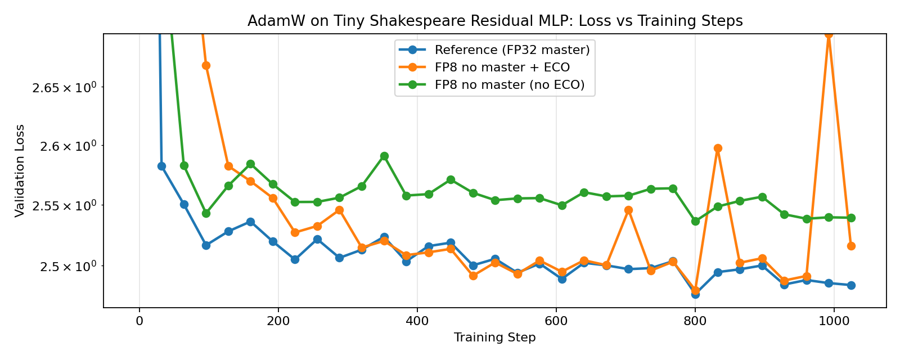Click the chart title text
pyautogui.click(x=495, y=21)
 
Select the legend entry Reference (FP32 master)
pyautogui.click(x=512, y=50)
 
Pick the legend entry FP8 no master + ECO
pyautogui.click(x=502, y=67)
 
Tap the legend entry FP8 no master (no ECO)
pyautogui.click(x=510, y=85)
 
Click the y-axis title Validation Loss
pyautogui.click(x=20, y=170)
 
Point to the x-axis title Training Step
pyautogui.click(x=495, y=337)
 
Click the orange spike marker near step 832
pyautogui.click(x=718, y=148)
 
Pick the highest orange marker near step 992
pyautogui.click(x=829, y=34)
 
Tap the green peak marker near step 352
pyautogui.click(x=384, y=156)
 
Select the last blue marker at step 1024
pyautogui.click(x=851, y=285)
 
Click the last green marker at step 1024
pyautogui.click(x=851, y=218)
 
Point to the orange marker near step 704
pyautogui.click(x=628, y=210)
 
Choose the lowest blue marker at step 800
pyautogui.click(x=695, y=294)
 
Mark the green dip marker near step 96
pyautogui.click(x=206, y=213)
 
